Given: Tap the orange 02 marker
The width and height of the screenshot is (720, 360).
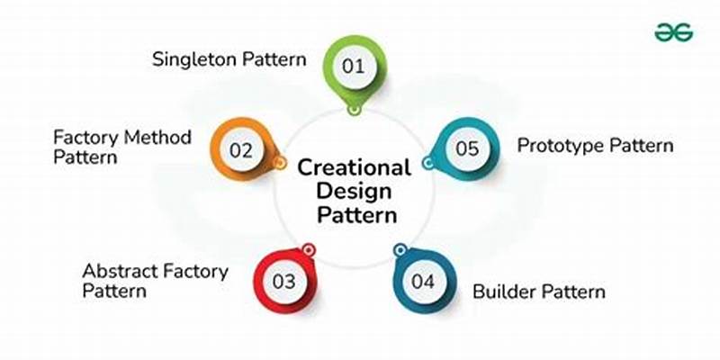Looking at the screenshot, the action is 241,151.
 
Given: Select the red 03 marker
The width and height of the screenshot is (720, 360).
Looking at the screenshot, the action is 283,281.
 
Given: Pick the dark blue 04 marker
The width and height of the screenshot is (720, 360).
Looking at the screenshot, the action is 423,281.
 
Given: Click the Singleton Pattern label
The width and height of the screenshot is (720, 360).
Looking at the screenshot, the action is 229,59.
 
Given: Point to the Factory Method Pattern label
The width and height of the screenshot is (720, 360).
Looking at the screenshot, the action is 122,147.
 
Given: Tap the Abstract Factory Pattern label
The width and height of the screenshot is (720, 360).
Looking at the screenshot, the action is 156,280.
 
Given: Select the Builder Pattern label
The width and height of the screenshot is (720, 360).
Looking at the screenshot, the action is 539,292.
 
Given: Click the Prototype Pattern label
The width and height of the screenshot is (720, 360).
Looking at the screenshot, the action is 595,145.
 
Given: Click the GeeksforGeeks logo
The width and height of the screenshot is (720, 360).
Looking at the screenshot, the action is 674,31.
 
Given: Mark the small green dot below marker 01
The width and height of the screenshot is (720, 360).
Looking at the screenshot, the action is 355,110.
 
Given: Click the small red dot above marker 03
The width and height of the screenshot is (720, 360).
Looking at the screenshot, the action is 309,248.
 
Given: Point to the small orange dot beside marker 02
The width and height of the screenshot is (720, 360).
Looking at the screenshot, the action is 280,164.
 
